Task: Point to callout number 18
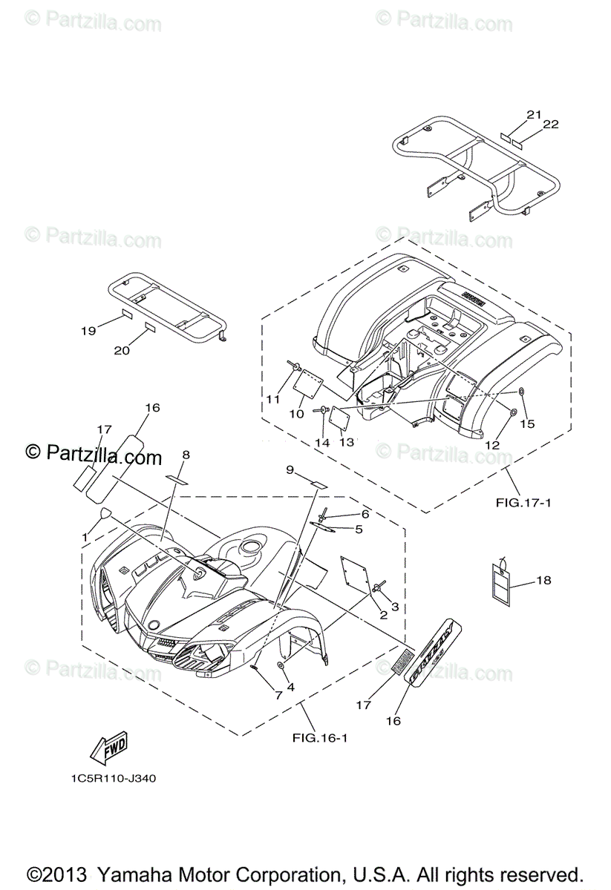(x=544, y=581)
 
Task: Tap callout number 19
(x=89, y=332)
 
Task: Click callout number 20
(x=122, y=350)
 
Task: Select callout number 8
(x=186, y=454)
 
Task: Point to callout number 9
(x=290, y=469)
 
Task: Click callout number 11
(x=273, y=399)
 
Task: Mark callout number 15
(x=527, y=423)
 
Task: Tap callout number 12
(x=492, y=444)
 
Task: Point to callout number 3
(x=395, y=606)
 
